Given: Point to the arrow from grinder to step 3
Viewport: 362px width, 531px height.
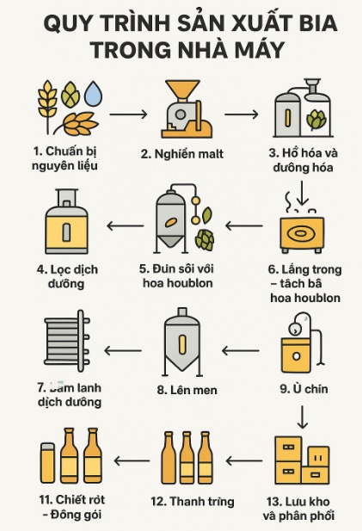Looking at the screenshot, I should (x=240, y=114).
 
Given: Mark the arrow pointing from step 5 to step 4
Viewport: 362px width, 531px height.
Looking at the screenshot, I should (x=126, y=226).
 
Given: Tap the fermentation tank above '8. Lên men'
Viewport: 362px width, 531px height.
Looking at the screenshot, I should (x=181, y=345).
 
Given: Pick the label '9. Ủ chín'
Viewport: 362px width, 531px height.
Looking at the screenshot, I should (x=304, y=389).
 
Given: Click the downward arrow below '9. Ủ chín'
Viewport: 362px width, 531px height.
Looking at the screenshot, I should (x=302, y=417).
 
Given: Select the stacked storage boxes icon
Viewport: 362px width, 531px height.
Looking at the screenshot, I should (x=300, y=460).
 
